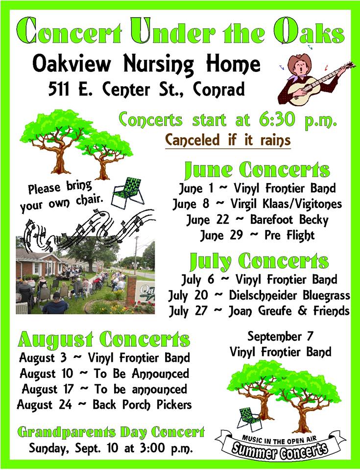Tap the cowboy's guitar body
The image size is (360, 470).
303,92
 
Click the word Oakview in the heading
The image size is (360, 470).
72,64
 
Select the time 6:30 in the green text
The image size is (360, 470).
277,119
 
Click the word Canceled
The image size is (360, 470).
192,140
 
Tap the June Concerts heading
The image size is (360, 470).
257,170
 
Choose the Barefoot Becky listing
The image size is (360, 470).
289,219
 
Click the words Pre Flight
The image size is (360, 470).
289,235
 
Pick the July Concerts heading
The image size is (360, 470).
259,261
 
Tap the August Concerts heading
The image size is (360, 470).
104,339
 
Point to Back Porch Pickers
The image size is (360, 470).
142,405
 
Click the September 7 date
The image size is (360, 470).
280,336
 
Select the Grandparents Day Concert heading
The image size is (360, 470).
111,432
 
